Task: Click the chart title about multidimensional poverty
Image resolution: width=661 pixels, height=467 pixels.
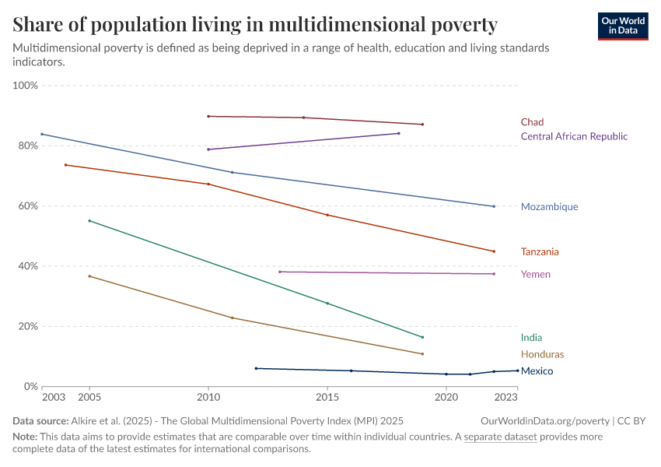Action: click(255, 24)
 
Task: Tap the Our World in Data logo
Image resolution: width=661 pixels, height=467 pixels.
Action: click(622, 26)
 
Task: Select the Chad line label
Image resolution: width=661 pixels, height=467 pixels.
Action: click(532, 122)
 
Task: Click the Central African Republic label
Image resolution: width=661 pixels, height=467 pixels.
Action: click(573, 136)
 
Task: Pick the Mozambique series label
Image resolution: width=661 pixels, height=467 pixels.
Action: click(549, 207)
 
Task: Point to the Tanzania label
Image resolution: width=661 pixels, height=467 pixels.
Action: click(540, 252)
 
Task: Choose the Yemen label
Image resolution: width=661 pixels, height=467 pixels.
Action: click(535, 275)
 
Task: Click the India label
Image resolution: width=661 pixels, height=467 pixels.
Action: click(531, 338)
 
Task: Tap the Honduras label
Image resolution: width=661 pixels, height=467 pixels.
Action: click(542, 354)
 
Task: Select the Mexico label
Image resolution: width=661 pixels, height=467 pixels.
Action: click(537, 371)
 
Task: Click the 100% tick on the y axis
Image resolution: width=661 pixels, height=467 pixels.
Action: click(26, 86)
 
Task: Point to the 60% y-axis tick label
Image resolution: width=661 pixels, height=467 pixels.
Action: click(28, 206)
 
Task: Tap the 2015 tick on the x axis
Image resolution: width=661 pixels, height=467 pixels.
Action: click(327, 398)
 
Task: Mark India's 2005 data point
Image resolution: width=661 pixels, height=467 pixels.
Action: click(89, 221)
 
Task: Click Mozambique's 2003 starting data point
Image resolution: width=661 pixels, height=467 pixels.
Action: click(42, 134)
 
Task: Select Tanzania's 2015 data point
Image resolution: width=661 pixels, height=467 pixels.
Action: click(327, 215)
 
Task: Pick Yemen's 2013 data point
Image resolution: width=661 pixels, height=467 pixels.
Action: click(280, 272)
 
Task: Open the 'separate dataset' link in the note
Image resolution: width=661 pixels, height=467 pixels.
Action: click(500, 437)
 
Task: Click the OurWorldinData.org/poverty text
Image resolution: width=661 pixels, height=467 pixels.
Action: click(551, 420)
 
